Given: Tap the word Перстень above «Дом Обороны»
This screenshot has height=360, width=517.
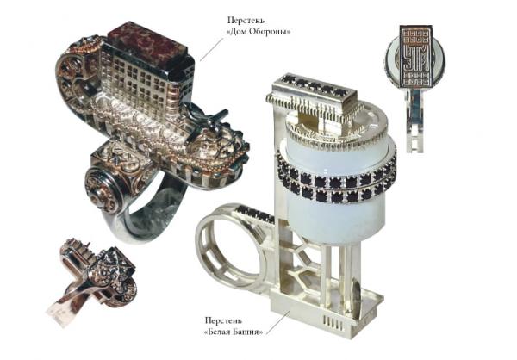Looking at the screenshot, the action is pos(246,20).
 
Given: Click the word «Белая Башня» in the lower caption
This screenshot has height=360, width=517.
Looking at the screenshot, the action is pos(234,332).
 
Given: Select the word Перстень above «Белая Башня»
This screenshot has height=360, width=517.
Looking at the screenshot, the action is pos(223,320).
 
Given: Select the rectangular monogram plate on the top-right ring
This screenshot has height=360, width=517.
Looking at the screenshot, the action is pos(415,59).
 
